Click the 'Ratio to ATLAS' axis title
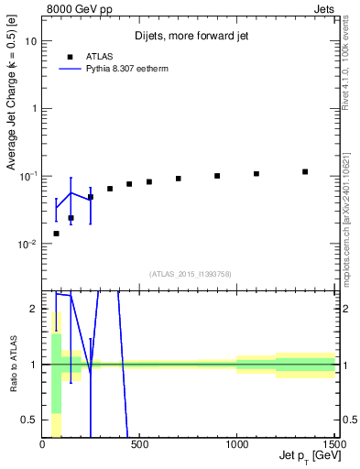[12, 365]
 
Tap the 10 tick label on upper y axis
[31, 41]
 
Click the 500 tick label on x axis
[140, 443]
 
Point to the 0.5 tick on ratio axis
[30, 420]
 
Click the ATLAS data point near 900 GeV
[217, 176]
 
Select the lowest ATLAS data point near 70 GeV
[57, 234]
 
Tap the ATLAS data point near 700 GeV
[179, 179]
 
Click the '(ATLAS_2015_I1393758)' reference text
[190, 273]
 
